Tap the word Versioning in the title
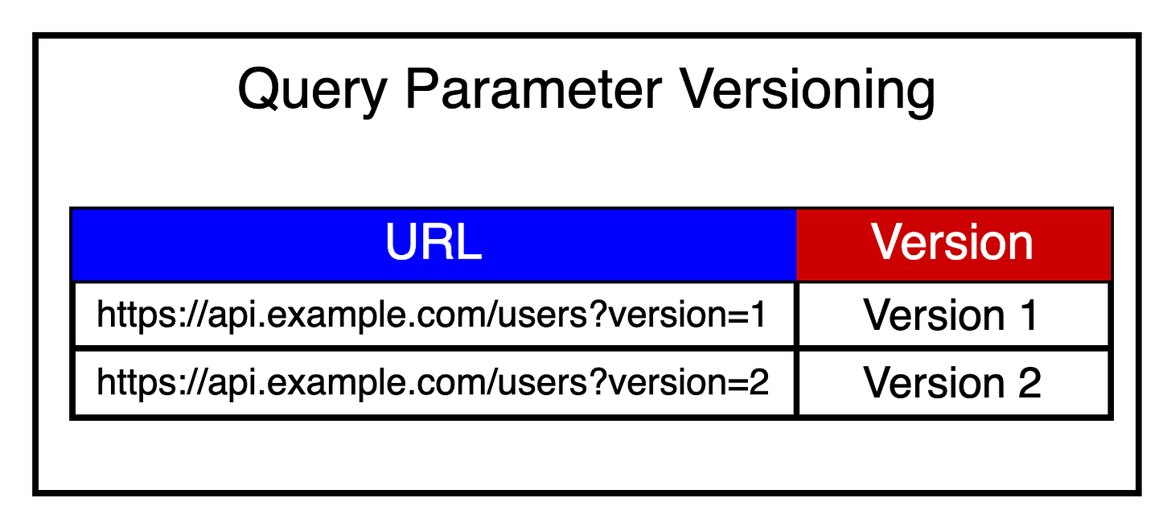click(x=808, y=90)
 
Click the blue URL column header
click(x=433, y=243)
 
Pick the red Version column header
click(x=953, y=243)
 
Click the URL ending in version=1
click(x=433, y=315)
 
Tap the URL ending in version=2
click(x=433, y=383)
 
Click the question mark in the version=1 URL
click(x=598, y=314)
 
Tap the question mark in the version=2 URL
click(x=598, y=381)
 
